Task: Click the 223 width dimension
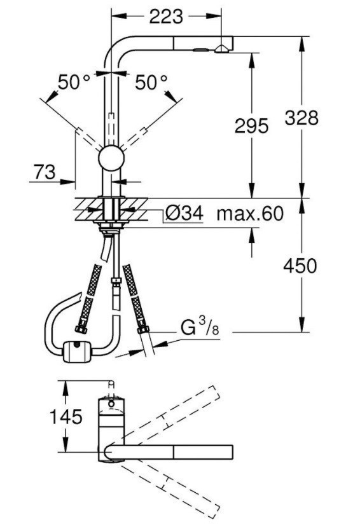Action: coord(166,16)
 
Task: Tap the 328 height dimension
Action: coord(301,118)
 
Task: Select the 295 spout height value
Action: coord(251,126)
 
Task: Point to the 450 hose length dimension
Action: coord(300,266)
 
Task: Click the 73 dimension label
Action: coord(45,172)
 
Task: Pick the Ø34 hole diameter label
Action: coord(184,213)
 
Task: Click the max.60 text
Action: coord(250,214)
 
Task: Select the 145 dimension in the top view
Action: coord(66,416)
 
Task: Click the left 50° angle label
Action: coord(74,82)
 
